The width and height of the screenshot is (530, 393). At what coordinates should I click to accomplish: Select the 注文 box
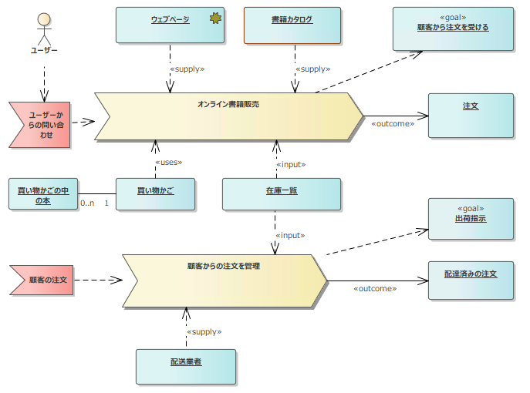tap(471, 116)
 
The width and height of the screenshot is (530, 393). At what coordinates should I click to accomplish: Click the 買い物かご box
tap(155, 194)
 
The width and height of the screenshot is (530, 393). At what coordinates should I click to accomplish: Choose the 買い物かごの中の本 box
tap(43, 194)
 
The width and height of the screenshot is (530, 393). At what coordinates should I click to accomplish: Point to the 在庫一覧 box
tap(282, 194)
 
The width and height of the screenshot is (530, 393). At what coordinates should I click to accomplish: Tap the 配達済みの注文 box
tap(471, 278)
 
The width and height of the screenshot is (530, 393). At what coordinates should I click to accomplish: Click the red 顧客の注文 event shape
tap(42, 280)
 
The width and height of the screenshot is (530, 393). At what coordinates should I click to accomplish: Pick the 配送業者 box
tap(186, 366)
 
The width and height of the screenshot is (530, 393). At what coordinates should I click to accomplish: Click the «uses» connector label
tap(168, 163)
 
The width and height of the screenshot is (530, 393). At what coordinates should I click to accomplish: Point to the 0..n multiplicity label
tap(87, 203)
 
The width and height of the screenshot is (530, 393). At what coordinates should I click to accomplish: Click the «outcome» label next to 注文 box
tap(393, 123)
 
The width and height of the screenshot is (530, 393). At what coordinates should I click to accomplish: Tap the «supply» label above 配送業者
tap(204, 331)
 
